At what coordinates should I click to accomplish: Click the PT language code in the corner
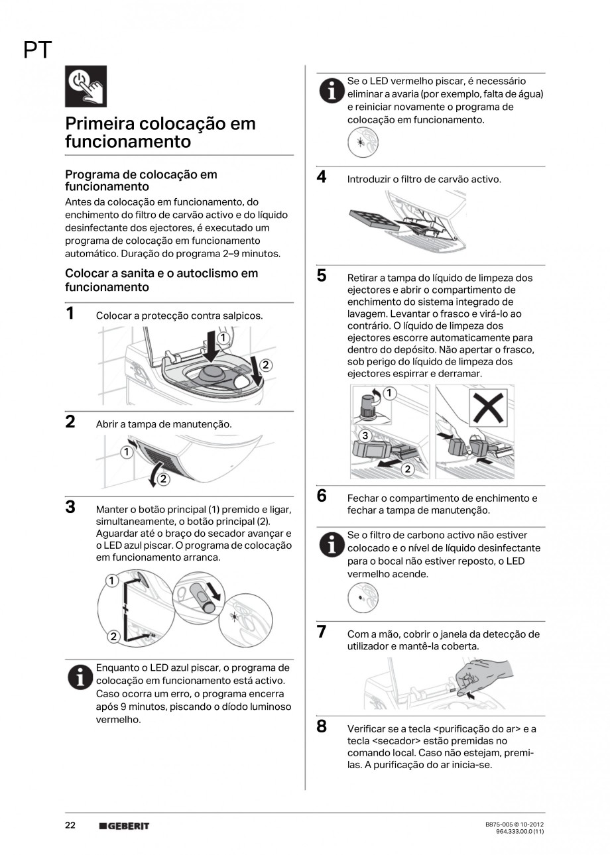tap(38, 50)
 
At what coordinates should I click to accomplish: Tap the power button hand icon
tap(86, 86)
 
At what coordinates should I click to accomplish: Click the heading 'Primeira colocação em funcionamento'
tap(160, 133)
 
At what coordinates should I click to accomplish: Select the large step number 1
tap(70, 313)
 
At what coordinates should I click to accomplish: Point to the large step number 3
tap(70, 508)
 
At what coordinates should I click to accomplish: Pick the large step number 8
tap(322, 726)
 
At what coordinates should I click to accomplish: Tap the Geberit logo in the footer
tap(124, 826)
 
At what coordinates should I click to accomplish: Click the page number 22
tap(70, 825)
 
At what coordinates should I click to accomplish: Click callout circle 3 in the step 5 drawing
tap(363, 435)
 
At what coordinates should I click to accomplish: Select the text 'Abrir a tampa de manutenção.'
tap(164, 424)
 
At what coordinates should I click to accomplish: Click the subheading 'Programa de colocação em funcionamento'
tap(141, 180)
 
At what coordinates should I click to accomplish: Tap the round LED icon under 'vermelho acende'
tap(363, 598)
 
